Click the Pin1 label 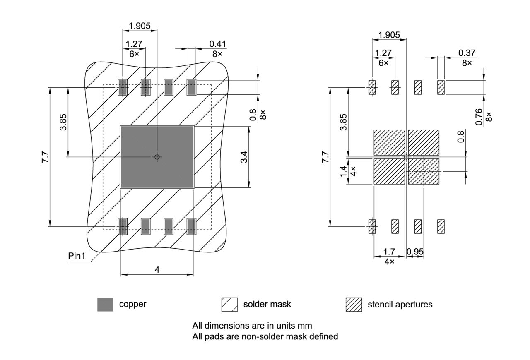(x=77, y=256)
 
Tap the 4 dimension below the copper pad (x=157, y=270)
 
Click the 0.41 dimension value (x=218, y=44)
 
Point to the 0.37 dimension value (x=467, y=53)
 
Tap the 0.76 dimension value (x=479, y=117)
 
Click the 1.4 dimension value (x=343, y=170)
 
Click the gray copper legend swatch (x=105, y=305)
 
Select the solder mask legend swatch (x=229, y=305)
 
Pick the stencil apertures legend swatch (x=354, y=305)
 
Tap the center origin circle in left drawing (x=157, y=157)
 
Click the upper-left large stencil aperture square (x=389, y=142)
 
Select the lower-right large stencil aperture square (x=424, y=171)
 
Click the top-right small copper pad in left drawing (x=191, y=87)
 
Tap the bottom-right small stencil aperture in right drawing (x=441, y=226)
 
